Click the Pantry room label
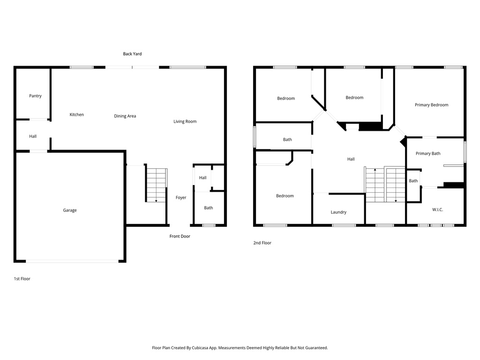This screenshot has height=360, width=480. coord(35,96)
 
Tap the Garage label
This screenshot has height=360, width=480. coord(70,210)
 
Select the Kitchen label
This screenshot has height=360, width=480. coord(76,114)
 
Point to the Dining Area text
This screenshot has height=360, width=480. coord(125,116)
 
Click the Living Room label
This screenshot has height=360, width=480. coord(185,121)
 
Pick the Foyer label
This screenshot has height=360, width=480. coord(181,198)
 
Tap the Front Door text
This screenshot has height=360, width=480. coord(180,236)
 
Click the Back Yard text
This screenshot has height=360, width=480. coord(132,54)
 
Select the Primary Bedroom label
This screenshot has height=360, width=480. coord(431,105)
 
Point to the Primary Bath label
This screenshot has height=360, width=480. coord(428,154)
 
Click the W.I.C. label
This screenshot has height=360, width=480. coord(437,210)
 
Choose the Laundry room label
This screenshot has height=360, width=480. coord(338,212)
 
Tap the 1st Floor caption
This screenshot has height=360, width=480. coord(22,279)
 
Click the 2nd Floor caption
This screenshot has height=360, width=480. coord(262,243)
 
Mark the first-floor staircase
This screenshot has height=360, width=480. coord(156,185)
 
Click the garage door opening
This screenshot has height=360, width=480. coord(72,262)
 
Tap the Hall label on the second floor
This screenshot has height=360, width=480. coord(351,159)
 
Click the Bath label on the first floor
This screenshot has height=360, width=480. coord(209,208)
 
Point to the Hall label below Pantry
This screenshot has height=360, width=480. coord(33,136)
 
